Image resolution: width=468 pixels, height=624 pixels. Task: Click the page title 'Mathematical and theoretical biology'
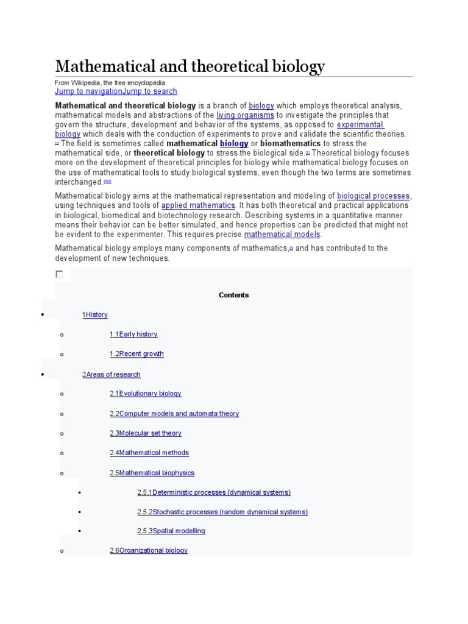pos(190,66)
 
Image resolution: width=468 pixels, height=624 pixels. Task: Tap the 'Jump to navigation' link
pos(88,91)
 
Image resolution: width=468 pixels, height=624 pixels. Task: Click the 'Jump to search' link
pos(150,91)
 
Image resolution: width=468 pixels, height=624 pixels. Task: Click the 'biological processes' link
pos(374,196)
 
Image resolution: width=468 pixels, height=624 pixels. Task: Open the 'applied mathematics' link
pos(198,206)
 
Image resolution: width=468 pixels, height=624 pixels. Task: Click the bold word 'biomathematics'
pos(290,144)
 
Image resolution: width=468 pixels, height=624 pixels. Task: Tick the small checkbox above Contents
pos(59,274)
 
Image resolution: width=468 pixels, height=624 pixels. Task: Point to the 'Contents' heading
pos(234,295)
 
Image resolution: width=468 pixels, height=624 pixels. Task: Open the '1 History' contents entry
pos(95,315)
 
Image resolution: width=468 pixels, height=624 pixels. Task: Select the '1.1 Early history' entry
pos(133,335)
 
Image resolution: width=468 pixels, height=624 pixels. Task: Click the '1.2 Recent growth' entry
pos(136,354)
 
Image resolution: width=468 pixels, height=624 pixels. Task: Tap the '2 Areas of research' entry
pos(112,375)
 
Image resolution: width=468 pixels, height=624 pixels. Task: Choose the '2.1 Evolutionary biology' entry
pos(146,394)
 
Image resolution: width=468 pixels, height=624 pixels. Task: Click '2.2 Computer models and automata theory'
pos(174,414)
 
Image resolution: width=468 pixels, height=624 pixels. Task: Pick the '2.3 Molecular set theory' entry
pos(146,433)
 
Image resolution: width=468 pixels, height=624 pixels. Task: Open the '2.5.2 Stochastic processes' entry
pos(222,512)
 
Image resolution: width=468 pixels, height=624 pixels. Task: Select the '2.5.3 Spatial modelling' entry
pos(171,531)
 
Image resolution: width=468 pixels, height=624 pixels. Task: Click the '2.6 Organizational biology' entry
pos(149,551)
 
